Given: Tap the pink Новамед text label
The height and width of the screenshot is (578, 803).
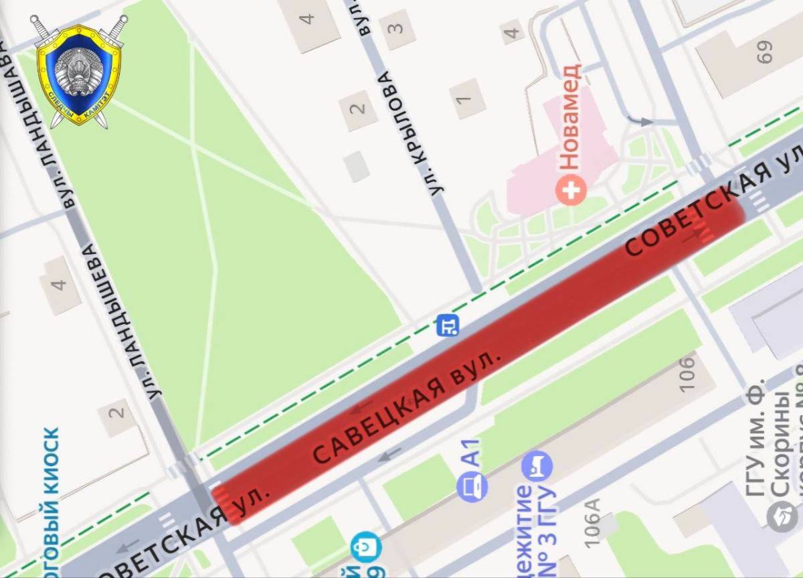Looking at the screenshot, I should pyautogui.click(x=569, y=118).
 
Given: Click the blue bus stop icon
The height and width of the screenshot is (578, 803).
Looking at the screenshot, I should pyautogui.click(x=448, y=326).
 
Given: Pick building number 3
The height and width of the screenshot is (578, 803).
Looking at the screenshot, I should pyautogui.click(x=397, y=28).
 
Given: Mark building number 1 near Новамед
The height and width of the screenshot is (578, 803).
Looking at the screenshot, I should pyautogui.click(x=464, y=100).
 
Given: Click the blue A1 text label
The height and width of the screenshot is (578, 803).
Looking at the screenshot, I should pyautogui.click(x=472, y=453).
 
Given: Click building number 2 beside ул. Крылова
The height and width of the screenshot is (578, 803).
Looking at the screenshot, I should pyautogui.click(x=359, y=108).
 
